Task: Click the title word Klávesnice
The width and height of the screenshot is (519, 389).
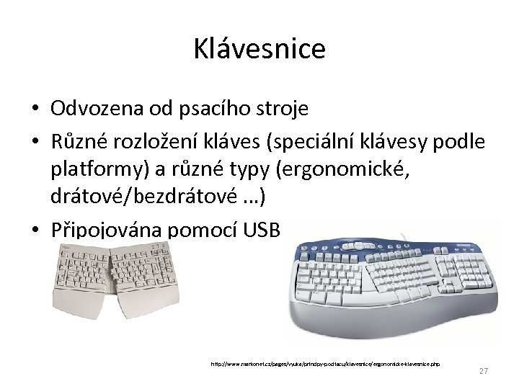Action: click(x=259, y=49)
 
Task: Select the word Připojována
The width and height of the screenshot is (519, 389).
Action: click(x=106, y=230)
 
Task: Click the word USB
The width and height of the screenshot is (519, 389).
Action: click(x=265, y=230)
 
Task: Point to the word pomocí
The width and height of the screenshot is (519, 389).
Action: click(x=203, y=230)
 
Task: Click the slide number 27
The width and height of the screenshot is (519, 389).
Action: click(x=484, y=370)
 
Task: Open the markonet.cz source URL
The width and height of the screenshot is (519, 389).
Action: click(x=325, y=364)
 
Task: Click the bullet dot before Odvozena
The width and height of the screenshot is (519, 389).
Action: click(x=35, y=109)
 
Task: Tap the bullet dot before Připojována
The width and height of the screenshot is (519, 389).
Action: click(x=35, y=231)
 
